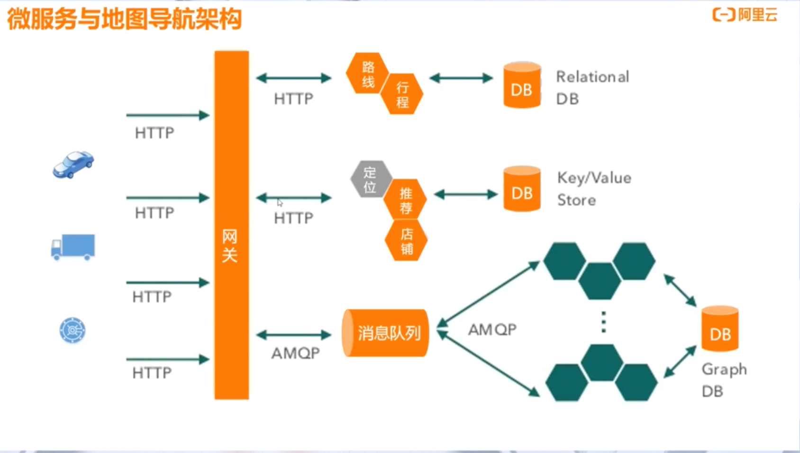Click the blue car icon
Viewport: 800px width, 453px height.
(73, 164)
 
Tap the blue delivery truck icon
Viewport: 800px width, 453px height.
(73, 247)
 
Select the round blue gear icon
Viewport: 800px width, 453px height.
(72, 330)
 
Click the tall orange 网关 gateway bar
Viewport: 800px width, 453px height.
(231, 225)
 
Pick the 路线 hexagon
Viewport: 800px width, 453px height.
(367, 73)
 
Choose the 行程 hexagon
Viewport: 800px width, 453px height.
(402, 94)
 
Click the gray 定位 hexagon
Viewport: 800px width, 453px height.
(370, 179)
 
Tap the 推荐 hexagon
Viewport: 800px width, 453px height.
(406, 199)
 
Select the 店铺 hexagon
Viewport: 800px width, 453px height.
(406, 241)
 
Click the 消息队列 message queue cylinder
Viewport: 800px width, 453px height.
(385, 333)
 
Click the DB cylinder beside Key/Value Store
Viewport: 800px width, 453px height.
(522, 189)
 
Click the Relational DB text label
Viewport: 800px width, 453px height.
(592, 87)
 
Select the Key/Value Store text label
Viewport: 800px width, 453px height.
(594, 189)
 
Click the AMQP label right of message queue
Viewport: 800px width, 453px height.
(492, 329)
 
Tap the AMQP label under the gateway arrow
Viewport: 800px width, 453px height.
(295, 353)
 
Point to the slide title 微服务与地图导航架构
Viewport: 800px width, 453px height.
(124, 19)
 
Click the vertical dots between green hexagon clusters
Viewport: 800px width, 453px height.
(603, 322)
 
